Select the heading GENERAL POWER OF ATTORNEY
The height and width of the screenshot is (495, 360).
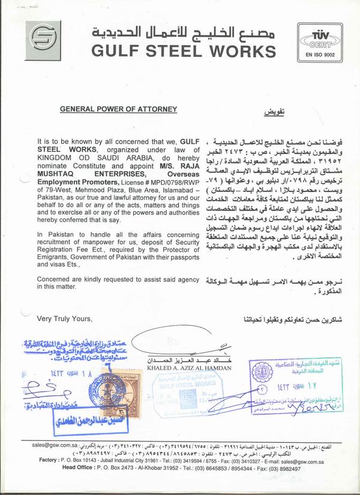pyautogui.click(x=118, y=109)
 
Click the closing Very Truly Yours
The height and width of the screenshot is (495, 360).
pyautogui.click(x=65, y=318)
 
